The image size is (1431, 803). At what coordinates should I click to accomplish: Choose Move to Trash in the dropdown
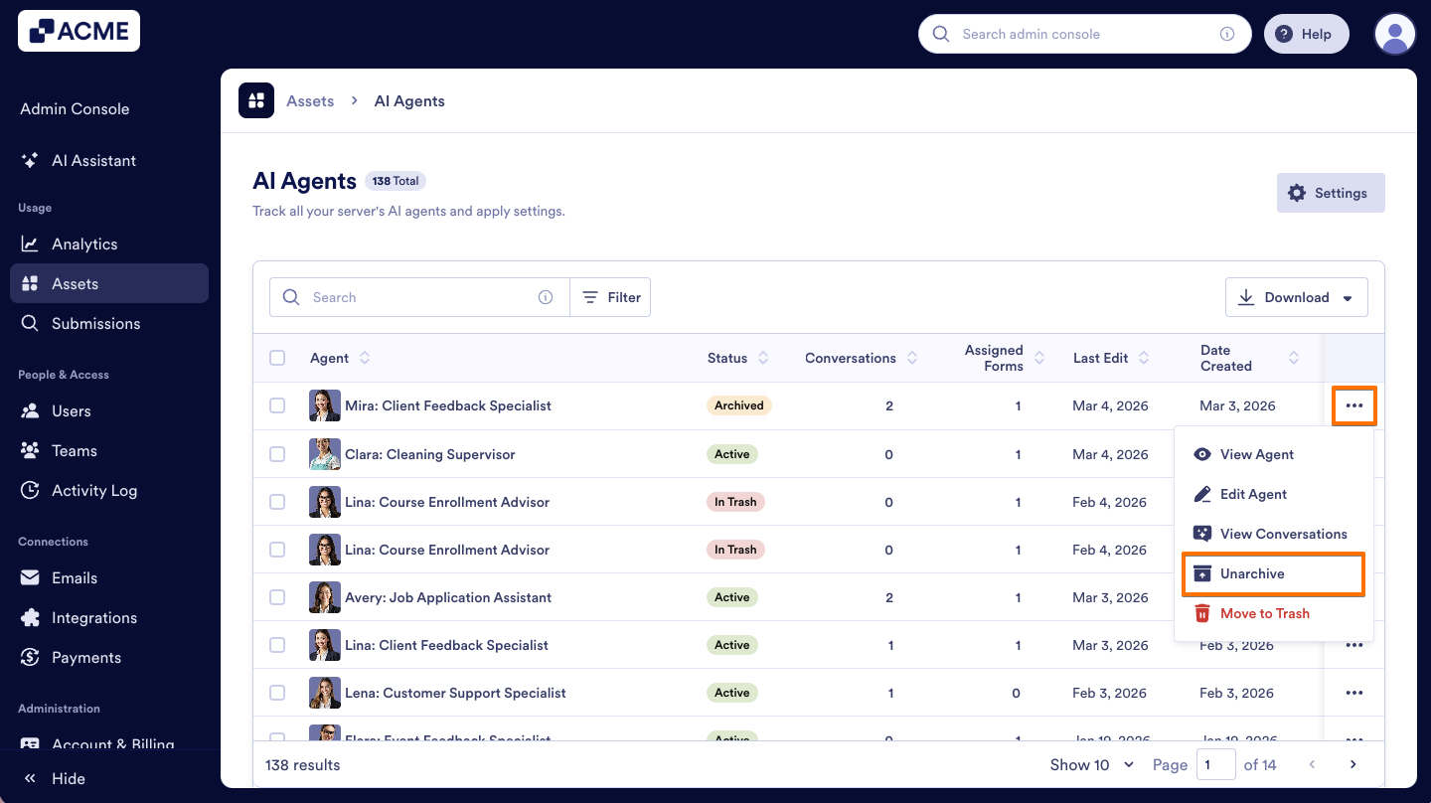[x=1264, y=614]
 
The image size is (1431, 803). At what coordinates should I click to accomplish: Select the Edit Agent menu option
[x=1252, y=495]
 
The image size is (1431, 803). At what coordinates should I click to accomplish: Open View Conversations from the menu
[x=1282, y=535]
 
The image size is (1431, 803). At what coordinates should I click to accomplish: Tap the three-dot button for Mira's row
[x=1354, y=406]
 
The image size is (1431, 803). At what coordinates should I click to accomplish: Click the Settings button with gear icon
[x=1330, y=194]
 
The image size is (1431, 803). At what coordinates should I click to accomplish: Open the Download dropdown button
[x=1296, y=298]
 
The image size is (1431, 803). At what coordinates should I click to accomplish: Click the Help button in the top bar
[x=1306, y=35]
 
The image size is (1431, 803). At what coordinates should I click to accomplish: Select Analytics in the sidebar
[x=84, y=244]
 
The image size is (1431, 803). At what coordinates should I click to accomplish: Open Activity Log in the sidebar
[x=94, y=491]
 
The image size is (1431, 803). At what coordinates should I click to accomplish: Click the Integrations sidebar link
[x=94, y=618]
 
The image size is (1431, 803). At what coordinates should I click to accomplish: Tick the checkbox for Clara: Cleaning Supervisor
[x=277, y=455]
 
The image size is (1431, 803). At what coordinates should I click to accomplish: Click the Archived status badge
[x=739, y=406]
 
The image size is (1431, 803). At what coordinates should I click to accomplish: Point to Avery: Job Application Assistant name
[x=447, y=598]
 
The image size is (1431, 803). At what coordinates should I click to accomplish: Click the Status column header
[x=727, y=359]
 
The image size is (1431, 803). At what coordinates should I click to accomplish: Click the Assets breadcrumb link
[x=310, y=101]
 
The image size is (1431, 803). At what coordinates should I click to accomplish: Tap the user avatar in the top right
[x=1394, y=35]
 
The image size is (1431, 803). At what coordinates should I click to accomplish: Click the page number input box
[x=1216, y=765]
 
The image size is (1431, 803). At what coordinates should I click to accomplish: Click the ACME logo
[x=79, y=32]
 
